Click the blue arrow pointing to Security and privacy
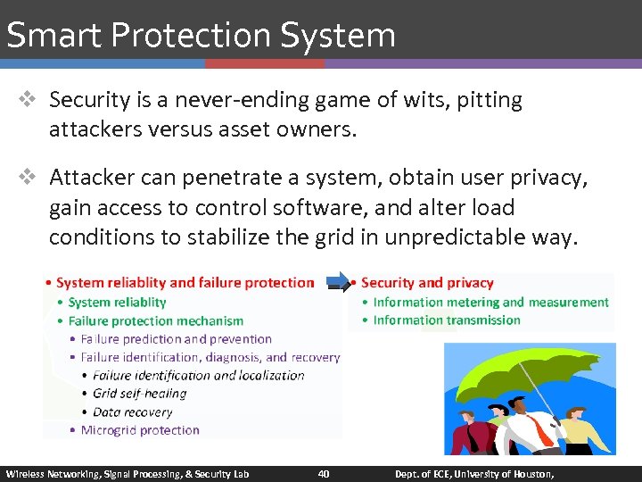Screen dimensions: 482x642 coord(338,283)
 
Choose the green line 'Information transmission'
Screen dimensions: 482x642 coord(447,320)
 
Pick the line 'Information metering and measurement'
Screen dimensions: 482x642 coord(490,302)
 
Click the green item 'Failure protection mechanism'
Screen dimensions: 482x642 coord(155,320)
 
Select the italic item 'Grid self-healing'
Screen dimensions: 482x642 coord(139,393)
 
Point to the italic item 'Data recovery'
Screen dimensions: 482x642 coord(132,411)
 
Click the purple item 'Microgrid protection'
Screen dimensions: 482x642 coord(140,430)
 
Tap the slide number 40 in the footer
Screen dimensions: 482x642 coord(324,473)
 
